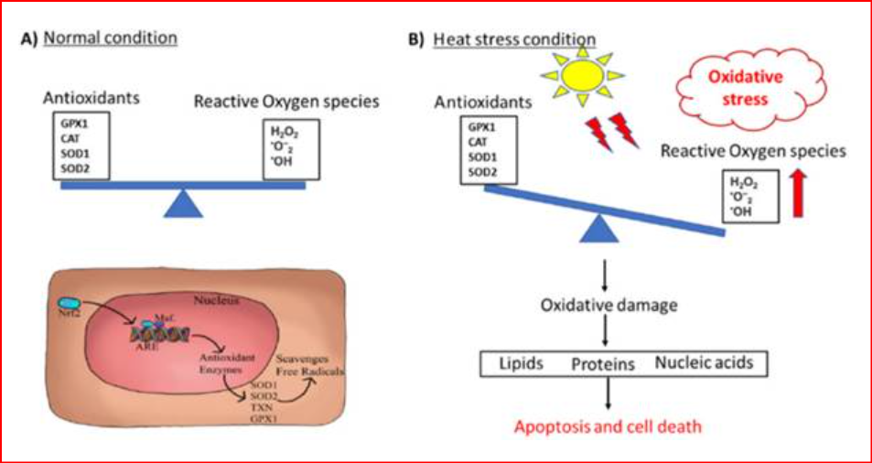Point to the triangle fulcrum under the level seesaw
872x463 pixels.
tap(183, 203)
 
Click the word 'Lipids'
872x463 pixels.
tap(521, 363)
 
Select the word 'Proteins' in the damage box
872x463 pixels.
tap(603, 364)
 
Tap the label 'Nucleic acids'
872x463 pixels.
tap(704, 363)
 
